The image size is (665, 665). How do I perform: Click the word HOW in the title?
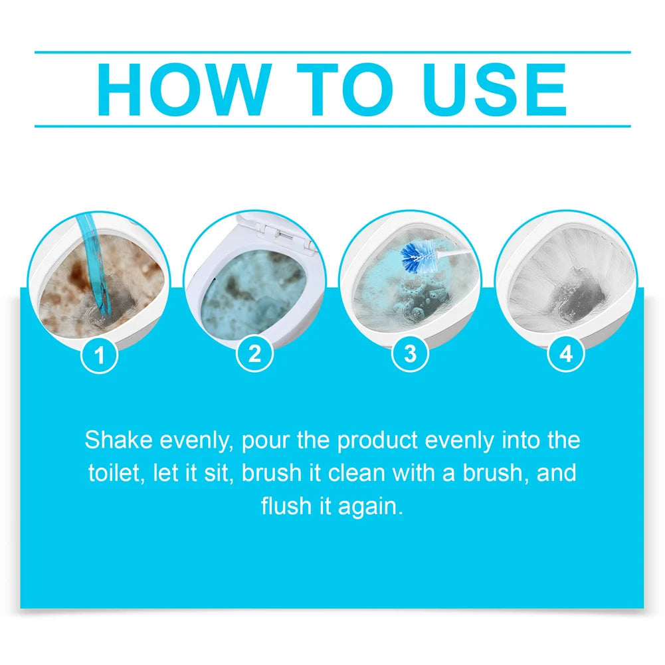[x=180, y=89]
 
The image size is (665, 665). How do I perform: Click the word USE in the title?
[x=494, y=89]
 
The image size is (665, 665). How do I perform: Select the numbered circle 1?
[x=100, y=355]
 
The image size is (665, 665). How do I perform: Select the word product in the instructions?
[x=378, y=440]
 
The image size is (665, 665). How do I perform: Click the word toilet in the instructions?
[x=110, y=473]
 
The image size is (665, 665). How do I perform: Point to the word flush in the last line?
[x=285, y=506]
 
